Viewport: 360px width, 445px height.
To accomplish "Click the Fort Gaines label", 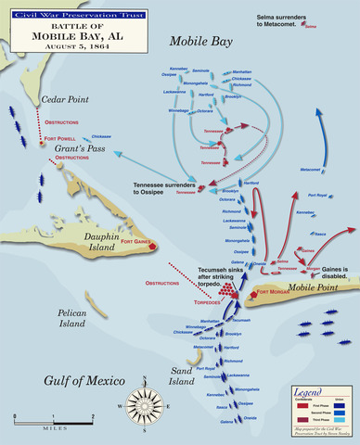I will point(137,242).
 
